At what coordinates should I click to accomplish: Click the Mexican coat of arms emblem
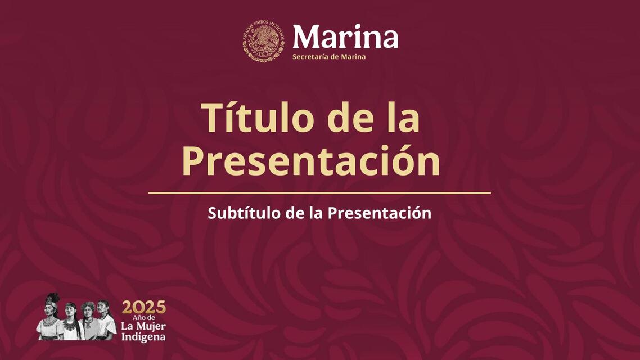pos(264,41)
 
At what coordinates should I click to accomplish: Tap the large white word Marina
pos(345,37)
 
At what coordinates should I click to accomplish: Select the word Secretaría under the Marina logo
pos(310,57)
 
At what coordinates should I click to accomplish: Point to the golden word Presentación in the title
pos(311,160)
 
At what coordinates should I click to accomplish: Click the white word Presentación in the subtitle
pos(380,213)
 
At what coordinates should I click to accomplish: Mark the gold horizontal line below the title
pos(319,193)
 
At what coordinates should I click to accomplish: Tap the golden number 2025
pos(144,307)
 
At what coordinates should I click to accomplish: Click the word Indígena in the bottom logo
pos(143,337)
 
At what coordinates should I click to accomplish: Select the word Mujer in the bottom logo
pos(151,326)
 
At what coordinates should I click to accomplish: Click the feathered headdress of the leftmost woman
pos(52,300)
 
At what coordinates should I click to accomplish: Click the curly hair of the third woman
pos(87,307)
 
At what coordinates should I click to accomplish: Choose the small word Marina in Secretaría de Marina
pos(353,57)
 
